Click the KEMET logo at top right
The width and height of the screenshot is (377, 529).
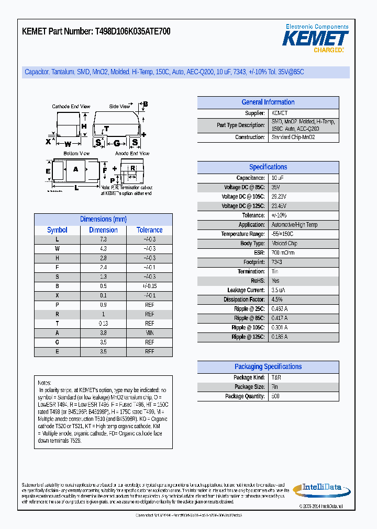[x=315, y=39]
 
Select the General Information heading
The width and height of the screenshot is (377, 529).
[x=268, y=102]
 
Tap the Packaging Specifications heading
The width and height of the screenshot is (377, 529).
[x=268, y=367]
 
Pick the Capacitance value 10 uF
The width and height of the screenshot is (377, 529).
[x=278, y=178]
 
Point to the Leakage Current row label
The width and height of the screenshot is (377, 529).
[x=246, y=290]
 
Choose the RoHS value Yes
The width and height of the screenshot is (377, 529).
[x=275, y=281]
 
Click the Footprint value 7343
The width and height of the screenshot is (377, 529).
[x=276, y=262]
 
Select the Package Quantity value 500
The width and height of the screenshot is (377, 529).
[x=275, y=397]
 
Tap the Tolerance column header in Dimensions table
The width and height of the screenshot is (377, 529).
[x=149, y=230]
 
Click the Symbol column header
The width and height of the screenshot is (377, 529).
[x=57, y=230]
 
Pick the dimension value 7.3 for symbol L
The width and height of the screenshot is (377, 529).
[x=103, y=239]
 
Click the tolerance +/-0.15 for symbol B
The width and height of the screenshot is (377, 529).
[x=149, y=286]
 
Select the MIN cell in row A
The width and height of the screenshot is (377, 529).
[x=149, y=333]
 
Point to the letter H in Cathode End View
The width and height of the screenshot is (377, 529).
[x=83, y=126]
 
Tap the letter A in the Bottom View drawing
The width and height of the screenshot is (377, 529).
[x=75, y=169]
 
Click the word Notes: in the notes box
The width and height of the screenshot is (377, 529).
[x=45, y=383]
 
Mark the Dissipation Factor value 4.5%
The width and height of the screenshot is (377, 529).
[x=276, y=300]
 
